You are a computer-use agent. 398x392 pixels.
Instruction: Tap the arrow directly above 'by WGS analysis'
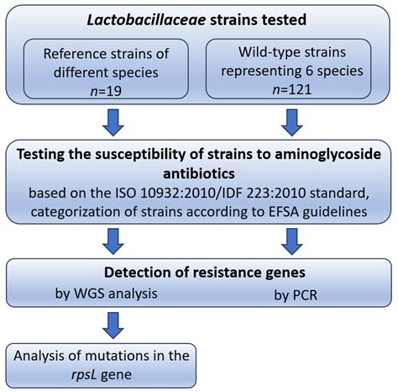pos(112,244)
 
